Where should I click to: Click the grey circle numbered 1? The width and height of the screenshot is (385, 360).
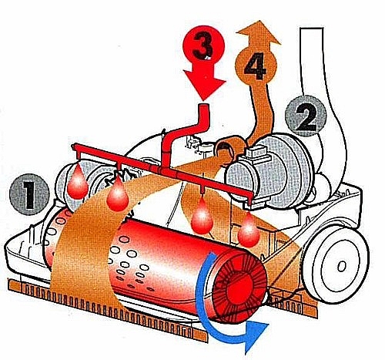pyautogui.click(x=29, y=194)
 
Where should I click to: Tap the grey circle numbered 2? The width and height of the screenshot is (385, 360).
pyautogui.click(x=306, y=116)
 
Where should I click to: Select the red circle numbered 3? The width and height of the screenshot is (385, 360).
pyautogui.click(x=204, y=47)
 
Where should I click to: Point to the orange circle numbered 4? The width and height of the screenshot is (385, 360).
pyautogui.click(x=256, y=65)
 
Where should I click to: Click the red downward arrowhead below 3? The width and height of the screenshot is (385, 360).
pyautogui.click(x=205, y=85)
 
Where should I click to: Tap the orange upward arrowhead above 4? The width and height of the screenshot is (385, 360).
pyautogui.click(x=258, y=32)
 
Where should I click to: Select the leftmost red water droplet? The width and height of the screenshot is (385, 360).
pyautogui.click(x=78, y=183)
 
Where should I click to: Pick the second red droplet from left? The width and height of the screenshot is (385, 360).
pyautogui.click(x=118, y=195)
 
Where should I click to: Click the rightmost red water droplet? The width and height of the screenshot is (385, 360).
pyautogui.click(x=249, y=231)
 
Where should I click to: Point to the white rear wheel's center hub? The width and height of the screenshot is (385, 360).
pyautogui.click(x=342, y=267)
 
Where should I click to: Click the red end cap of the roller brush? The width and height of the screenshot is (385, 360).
pyautogui.click(x=239, y=286)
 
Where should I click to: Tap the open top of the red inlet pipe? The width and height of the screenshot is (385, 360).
pyautogui.click(x=204, y=106)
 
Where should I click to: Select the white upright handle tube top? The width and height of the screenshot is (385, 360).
pyautogui.click(x=312, y=29)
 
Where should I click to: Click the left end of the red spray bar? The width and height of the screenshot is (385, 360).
pyautogui.click(x=75, y=147)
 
